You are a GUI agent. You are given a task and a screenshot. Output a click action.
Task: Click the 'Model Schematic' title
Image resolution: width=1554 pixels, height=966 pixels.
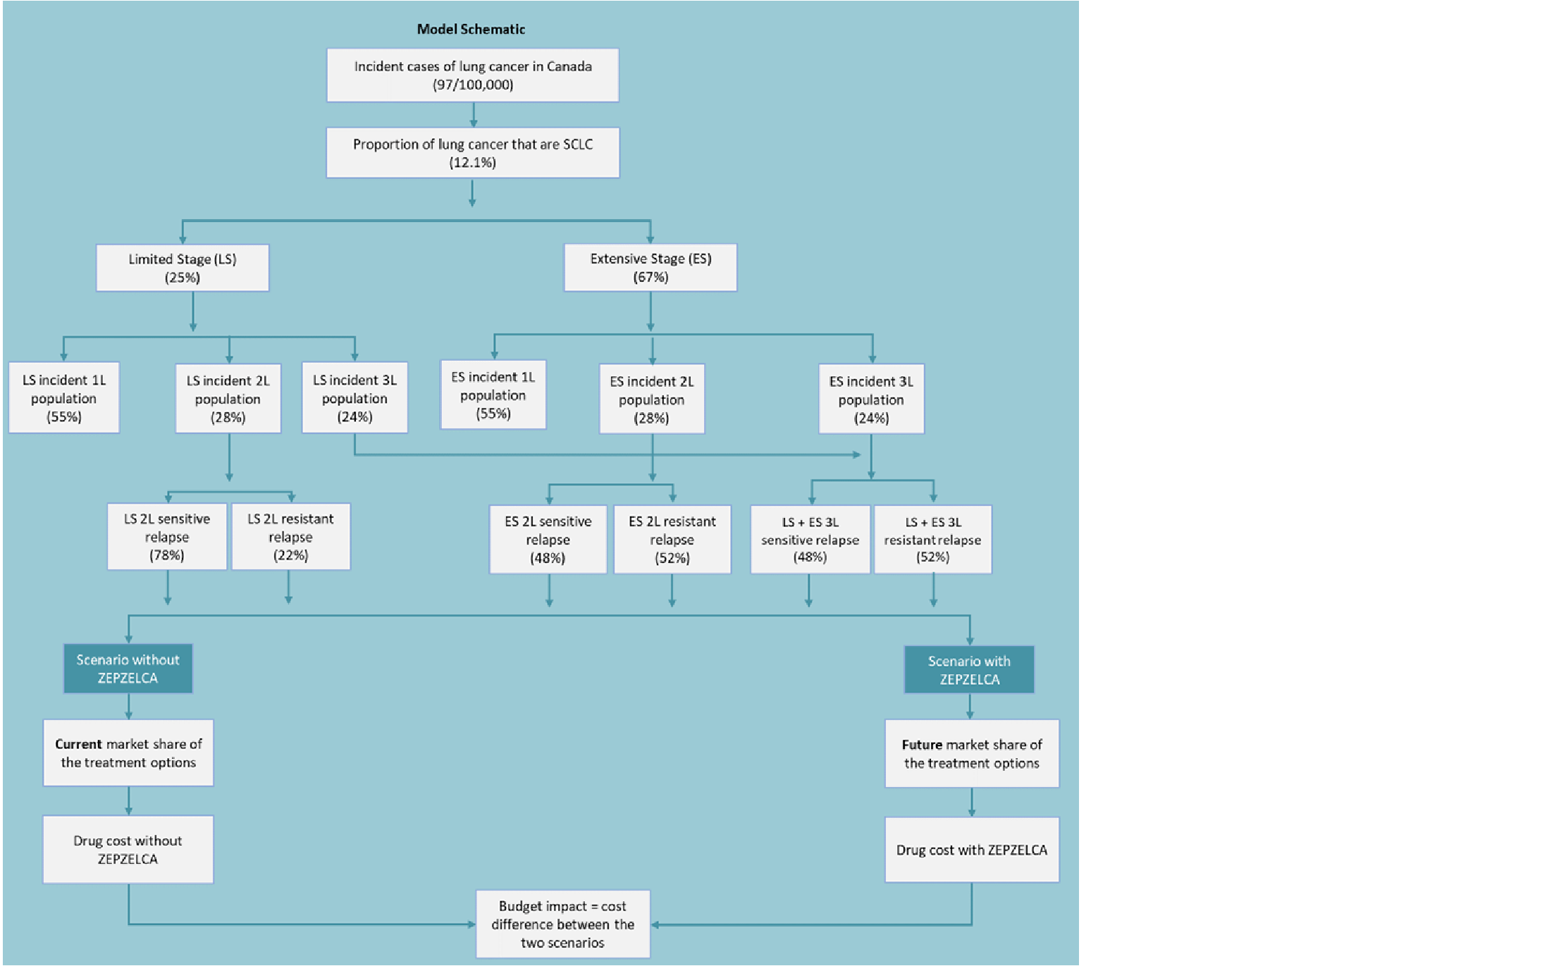coord(471,30)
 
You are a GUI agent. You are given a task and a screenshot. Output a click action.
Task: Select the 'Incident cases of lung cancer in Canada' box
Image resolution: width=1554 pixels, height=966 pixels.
coord(472,75)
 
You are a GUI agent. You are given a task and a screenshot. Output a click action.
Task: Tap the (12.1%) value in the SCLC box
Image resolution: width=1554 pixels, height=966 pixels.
coord(472,163)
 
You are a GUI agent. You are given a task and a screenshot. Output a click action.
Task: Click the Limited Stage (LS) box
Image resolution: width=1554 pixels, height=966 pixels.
coord(183,268)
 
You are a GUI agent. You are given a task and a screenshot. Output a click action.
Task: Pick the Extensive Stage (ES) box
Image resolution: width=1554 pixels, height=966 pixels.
coord(650,268)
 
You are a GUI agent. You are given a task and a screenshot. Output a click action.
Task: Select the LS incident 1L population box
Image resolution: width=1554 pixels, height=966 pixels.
coord(64,398)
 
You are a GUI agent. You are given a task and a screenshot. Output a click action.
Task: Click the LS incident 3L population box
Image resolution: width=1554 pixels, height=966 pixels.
coord(354,398)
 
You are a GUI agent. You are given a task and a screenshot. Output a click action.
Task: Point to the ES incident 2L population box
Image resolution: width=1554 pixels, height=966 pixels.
coord(652,400)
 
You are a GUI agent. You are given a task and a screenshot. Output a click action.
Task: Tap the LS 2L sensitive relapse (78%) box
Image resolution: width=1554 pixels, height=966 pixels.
coord(167,537)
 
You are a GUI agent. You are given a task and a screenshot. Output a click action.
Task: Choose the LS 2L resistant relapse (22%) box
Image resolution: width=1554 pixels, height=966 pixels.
coord(290,537)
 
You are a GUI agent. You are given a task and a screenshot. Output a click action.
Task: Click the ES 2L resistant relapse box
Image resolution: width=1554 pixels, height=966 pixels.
coord(672,540)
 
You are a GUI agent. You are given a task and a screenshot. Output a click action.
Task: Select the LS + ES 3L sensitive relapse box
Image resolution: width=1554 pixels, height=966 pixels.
coord(810,540)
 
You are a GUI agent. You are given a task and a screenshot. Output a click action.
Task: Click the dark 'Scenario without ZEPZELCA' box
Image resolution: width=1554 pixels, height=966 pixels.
coord(128,669)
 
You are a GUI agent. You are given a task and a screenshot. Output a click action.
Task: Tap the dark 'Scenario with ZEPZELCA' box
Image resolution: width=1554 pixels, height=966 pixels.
coord(969,670)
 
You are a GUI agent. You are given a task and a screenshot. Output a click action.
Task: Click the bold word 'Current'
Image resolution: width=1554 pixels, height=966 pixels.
coord(78,745)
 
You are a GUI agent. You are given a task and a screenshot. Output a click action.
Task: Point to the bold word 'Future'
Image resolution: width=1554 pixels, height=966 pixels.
coord(922,745)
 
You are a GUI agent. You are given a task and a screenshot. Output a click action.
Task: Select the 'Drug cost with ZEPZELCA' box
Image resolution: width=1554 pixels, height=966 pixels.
coord(971,850)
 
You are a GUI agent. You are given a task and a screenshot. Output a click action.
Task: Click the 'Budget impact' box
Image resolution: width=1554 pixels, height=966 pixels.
coord(562,924)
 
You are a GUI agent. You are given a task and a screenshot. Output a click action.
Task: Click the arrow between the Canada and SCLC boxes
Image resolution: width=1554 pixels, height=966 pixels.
coord(473,115)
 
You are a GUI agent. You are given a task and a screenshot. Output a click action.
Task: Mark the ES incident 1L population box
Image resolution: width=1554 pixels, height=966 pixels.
coord(493,395)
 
